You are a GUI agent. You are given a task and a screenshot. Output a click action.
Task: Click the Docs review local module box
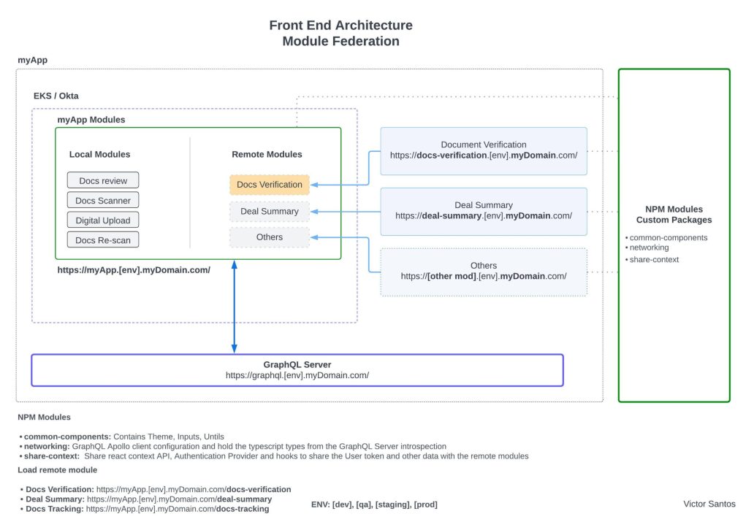coord(103,180)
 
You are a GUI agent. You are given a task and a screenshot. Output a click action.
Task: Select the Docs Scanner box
coord(103,200)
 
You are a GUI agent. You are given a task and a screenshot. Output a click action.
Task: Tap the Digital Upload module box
coord(103,220)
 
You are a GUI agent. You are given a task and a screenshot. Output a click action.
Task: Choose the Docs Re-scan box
coord(103,239)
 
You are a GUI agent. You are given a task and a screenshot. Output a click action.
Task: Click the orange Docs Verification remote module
coord(269,185)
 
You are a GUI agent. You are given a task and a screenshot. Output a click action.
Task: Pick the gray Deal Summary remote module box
coord(269,211)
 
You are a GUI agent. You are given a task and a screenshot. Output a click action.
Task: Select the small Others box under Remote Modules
coord(269,237)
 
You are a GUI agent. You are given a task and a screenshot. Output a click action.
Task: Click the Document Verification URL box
coord(483,150)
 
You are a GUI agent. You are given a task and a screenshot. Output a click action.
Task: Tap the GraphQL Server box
coord(297,370)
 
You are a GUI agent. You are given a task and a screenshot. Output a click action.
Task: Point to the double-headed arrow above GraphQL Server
coord(234,307)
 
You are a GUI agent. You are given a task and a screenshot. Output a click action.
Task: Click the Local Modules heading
coord(100,154)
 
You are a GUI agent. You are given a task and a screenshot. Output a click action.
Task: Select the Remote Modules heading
coord(267,154)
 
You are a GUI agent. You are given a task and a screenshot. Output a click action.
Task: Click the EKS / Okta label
coord(56,96)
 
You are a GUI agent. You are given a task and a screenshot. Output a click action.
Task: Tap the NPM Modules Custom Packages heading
coord(674,215)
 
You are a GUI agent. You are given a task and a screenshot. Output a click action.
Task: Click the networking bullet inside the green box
coord(649,247)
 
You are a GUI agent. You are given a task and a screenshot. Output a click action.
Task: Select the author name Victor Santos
coord(709,504)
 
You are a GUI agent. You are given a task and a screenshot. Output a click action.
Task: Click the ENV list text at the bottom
coord(374,504)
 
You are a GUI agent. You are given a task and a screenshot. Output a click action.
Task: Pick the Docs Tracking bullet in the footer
coord(147,509)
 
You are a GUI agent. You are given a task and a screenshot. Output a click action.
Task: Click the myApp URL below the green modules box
coord(134,269)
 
